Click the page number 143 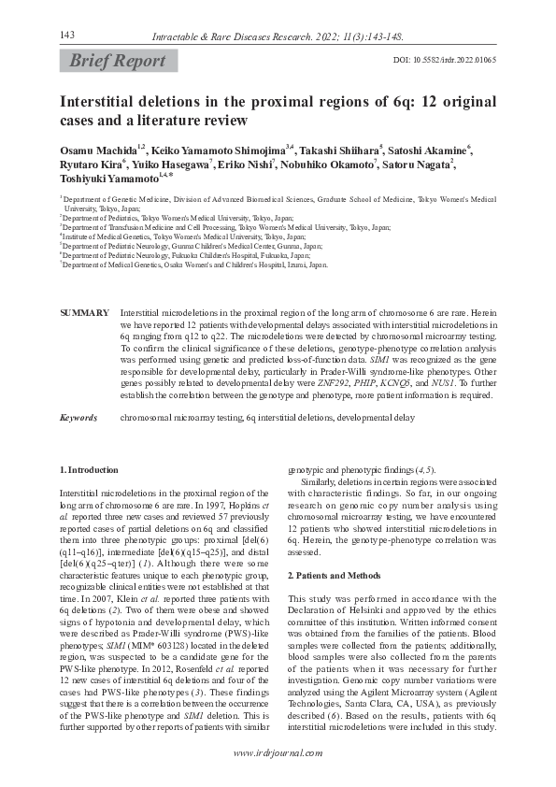[66, 35]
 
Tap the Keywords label [78, 418]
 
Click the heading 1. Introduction [89, 469]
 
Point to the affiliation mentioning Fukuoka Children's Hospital [188, 254]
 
